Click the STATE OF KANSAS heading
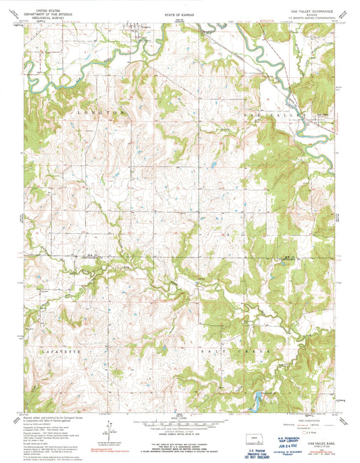178,12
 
